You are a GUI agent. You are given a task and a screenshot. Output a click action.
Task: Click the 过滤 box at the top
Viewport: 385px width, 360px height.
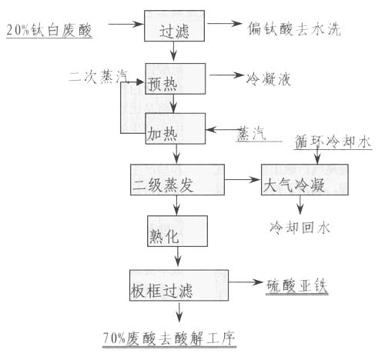(174, 25)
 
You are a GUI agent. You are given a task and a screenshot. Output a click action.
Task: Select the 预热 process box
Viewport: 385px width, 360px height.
(176, 78)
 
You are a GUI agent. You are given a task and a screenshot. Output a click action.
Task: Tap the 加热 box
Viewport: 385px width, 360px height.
(176, 128)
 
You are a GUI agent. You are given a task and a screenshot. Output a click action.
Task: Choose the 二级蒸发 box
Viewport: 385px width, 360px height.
(177, 180)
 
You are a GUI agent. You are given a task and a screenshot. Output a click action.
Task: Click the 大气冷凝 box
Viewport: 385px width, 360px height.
(305, 180)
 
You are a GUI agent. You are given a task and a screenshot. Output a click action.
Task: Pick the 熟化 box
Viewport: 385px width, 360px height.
(177, 231)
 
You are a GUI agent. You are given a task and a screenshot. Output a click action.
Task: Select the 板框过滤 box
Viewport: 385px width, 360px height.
(179, 285)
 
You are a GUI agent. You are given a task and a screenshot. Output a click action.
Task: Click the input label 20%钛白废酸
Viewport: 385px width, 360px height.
(49, 30)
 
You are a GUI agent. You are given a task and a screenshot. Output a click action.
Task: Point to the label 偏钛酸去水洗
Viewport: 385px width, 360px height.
(294, 28)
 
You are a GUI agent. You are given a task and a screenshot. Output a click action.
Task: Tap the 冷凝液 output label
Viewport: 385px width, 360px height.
(269, 79)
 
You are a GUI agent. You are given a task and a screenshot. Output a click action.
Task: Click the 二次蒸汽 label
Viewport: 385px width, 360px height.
(99, 76)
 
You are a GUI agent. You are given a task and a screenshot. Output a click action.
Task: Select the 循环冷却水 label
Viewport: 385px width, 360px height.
(333, 142)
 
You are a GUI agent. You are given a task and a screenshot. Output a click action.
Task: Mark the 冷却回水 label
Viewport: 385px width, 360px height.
(300, 228)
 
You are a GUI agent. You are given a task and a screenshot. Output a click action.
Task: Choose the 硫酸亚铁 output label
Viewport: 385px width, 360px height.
(296, 286)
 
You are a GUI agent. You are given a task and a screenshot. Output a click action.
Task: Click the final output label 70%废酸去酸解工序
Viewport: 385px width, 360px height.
(169, 338)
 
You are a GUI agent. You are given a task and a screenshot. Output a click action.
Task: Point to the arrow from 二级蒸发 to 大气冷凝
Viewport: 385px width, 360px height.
(243, 180)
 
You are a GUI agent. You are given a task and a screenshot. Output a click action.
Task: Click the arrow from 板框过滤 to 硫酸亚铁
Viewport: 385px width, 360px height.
(246, 282)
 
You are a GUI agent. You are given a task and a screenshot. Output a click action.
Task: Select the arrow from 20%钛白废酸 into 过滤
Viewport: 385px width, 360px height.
(126, 24)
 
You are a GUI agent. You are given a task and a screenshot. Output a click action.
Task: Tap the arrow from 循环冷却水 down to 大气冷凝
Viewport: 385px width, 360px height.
(317, 155)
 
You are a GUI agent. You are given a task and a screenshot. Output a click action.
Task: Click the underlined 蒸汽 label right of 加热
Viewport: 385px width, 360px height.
(251, 133)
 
